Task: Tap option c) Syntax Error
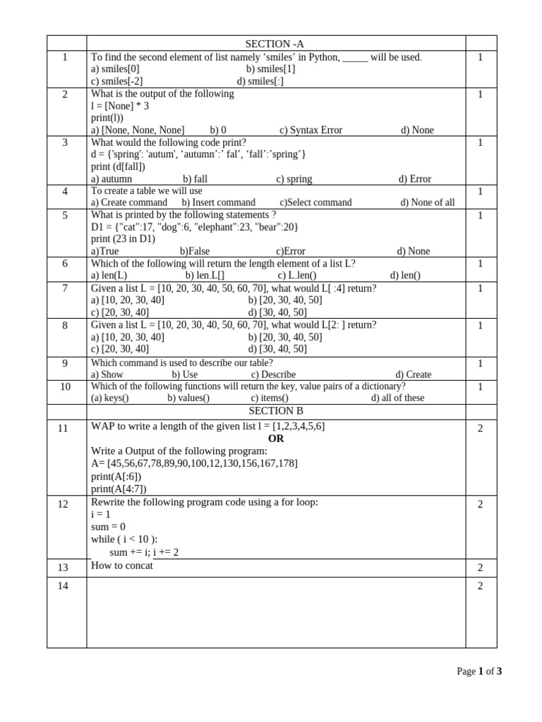tap(311, 130)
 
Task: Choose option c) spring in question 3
tap(294, 179)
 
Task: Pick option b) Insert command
tap(219, 202)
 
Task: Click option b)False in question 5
tap(195, 251)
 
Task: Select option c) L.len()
tap(297, 276)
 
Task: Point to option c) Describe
tap(273, 374)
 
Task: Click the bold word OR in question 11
tap(276, 439)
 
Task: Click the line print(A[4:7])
tap(119, 489)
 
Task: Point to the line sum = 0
tap(108, 527)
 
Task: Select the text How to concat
tap(122, 565)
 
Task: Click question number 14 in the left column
tap(64, 585)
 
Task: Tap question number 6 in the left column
tap(65, 264)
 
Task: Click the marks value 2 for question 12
tap(481, 504)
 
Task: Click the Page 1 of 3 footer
tap(479, 671)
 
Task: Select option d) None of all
tap(428, 202)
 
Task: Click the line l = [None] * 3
tap(120, 106)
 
